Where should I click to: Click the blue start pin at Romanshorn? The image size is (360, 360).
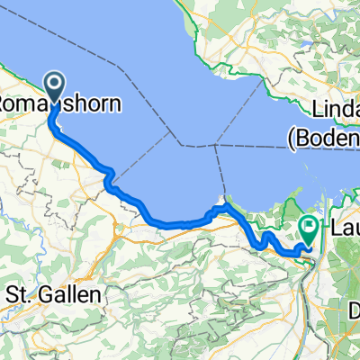point(54,87)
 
